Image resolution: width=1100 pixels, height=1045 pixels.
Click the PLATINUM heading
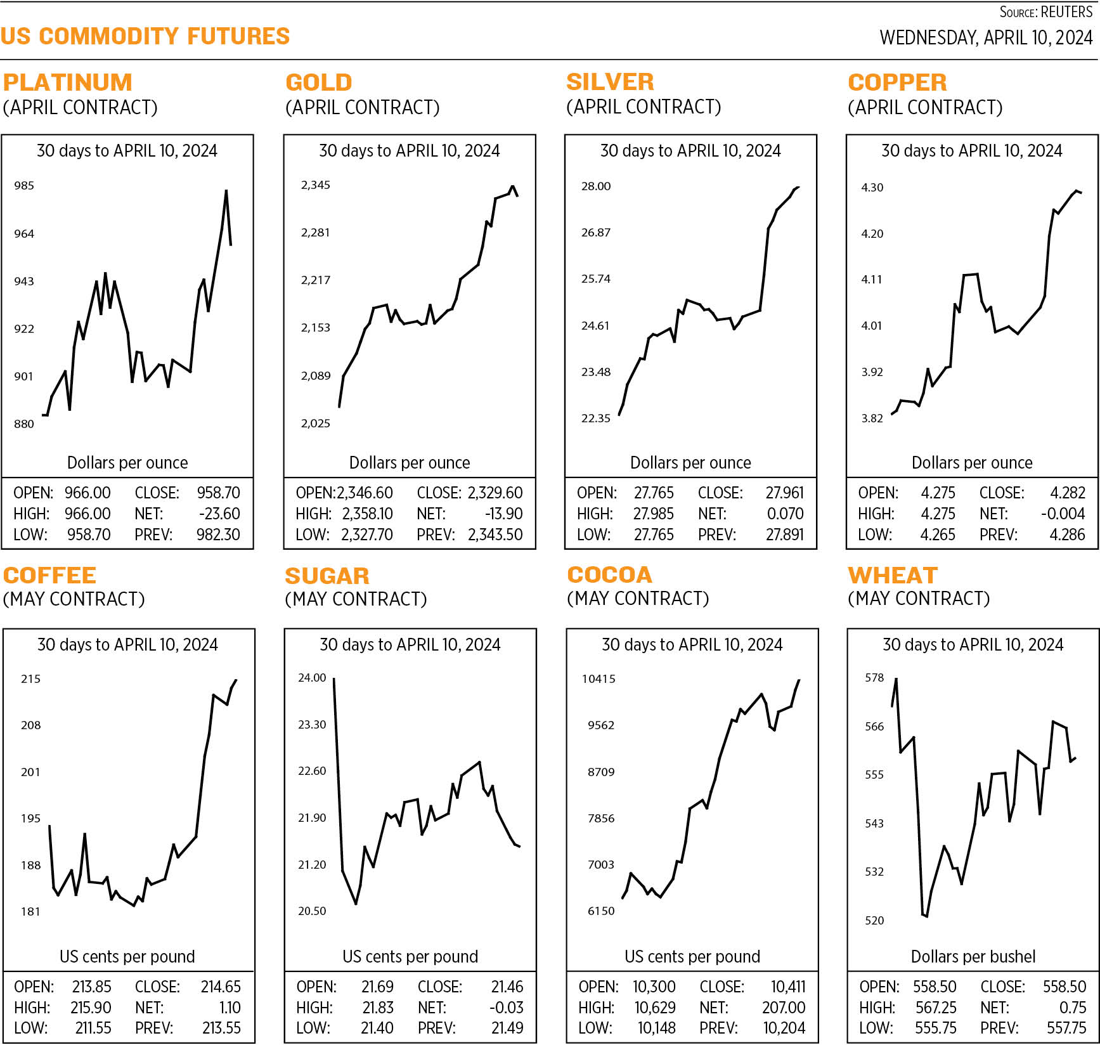coord(68,82)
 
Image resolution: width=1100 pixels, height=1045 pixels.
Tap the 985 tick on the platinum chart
coord(24,186)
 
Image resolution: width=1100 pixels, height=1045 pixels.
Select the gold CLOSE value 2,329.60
coord(495,493)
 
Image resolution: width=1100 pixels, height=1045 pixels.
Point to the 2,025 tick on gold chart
coord(315,424)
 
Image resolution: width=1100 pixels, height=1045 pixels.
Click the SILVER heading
coord(610,82)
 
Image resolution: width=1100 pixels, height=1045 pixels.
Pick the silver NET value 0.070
coord(785,514)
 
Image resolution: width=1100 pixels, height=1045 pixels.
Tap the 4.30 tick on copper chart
coord(872,188)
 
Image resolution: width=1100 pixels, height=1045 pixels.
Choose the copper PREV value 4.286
coord(1067,535)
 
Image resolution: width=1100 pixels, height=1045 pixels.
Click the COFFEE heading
coord(49,575)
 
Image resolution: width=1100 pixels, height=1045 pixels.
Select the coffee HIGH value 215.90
coord(91,1008)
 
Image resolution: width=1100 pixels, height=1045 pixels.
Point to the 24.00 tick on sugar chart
coord(312,678)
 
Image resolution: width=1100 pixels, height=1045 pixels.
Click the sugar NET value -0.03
coord(507,1008)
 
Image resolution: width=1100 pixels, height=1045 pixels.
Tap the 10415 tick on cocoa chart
coord(599,679)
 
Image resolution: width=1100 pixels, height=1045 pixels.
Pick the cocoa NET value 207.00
coord(784,1008)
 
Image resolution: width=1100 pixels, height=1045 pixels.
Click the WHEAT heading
coord(893,575)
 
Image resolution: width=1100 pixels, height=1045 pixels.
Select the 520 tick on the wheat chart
coord(874,921)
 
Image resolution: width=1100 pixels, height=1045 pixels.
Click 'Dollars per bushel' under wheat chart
coord(973,956)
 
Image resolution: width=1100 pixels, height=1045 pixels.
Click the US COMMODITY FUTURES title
coord(145,36)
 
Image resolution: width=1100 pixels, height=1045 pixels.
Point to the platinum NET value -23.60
coord(219,514)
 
